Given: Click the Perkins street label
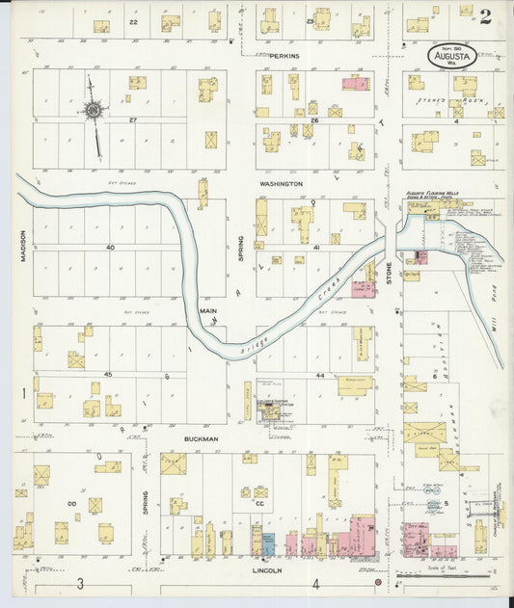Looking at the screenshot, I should coord(284,56).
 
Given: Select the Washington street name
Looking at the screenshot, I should coord(281,183).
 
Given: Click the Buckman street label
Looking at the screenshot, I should coord(203,438).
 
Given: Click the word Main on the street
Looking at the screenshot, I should coord(208,311).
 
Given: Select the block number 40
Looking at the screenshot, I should coord(111,248).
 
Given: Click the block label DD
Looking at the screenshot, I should coord(72,502).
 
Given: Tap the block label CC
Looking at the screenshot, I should coord(259,502).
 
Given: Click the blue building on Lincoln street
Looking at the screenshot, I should coord(269,543).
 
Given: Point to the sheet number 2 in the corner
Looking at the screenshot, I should coord(484,16).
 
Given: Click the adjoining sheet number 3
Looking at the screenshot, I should coord(81,584).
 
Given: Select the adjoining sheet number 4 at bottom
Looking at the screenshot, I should coord(315,584).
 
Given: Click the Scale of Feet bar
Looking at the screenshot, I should coord(452,578).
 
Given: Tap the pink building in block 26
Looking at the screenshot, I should coord(355,85).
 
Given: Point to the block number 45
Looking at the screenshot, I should coord(109,374).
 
